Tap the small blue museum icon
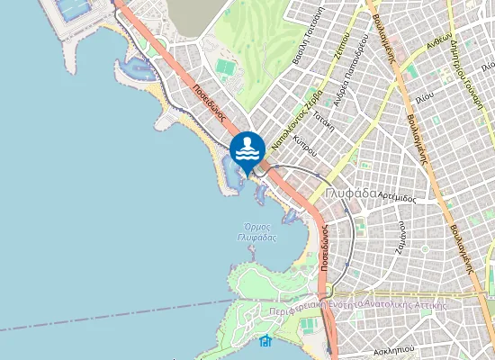point(265,340)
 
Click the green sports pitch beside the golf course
point(225,67)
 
